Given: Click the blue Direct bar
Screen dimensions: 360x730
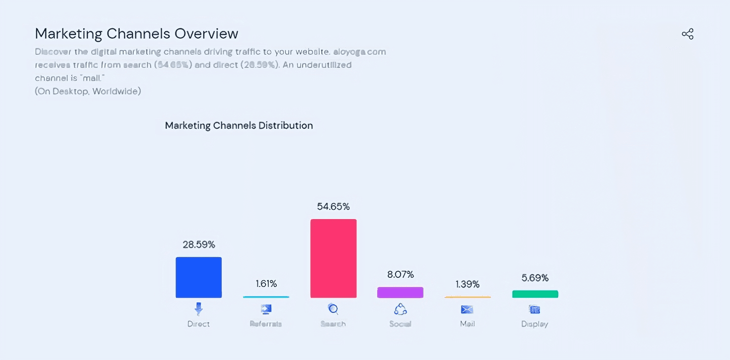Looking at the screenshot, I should tap(198, 277).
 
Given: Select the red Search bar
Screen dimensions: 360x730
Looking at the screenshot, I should tap(333, 259).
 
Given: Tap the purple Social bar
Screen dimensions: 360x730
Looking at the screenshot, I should tap(400, 293).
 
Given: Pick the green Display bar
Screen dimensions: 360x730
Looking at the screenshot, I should tap(535, 294).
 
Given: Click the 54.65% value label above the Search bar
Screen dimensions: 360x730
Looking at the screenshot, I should tap(333, 207).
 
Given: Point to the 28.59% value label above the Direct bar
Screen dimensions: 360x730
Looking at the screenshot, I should tap(199, 245).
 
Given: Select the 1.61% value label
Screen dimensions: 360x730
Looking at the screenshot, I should tap(266, 284).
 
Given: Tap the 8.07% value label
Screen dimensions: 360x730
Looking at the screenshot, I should tap(400, 275).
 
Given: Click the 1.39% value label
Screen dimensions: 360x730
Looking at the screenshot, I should tap(467, 284).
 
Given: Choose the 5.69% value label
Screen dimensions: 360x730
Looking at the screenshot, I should tap(535, 278).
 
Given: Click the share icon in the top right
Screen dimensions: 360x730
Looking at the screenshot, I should tap(687, 34).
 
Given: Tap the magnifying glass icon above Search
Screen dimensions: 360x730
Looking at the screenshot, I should tap(333, 309).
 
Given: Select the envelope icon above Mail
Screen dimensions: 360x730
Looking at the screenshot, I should tap(467, 309).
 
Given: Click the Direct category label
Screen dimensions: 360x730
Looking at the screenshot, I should tap(198, 324).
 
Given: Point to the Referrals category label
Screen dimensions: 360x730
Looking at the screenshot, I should tap(266, 324).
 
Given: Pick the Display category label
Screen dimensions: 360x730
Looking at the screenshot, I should tap(534, 324).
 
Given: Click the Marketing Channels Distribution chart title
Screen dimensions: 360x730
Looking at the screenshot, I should tap(239, 125).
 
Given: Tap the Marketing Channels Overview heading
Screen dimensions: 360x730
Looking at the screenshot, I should tap(136, 33).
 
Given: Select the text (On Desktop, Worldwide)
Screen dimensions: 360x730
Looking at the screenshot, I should tap(88, 91).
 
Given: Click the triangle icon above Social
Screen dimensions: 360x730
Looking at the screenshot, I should tap(400, 309).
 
